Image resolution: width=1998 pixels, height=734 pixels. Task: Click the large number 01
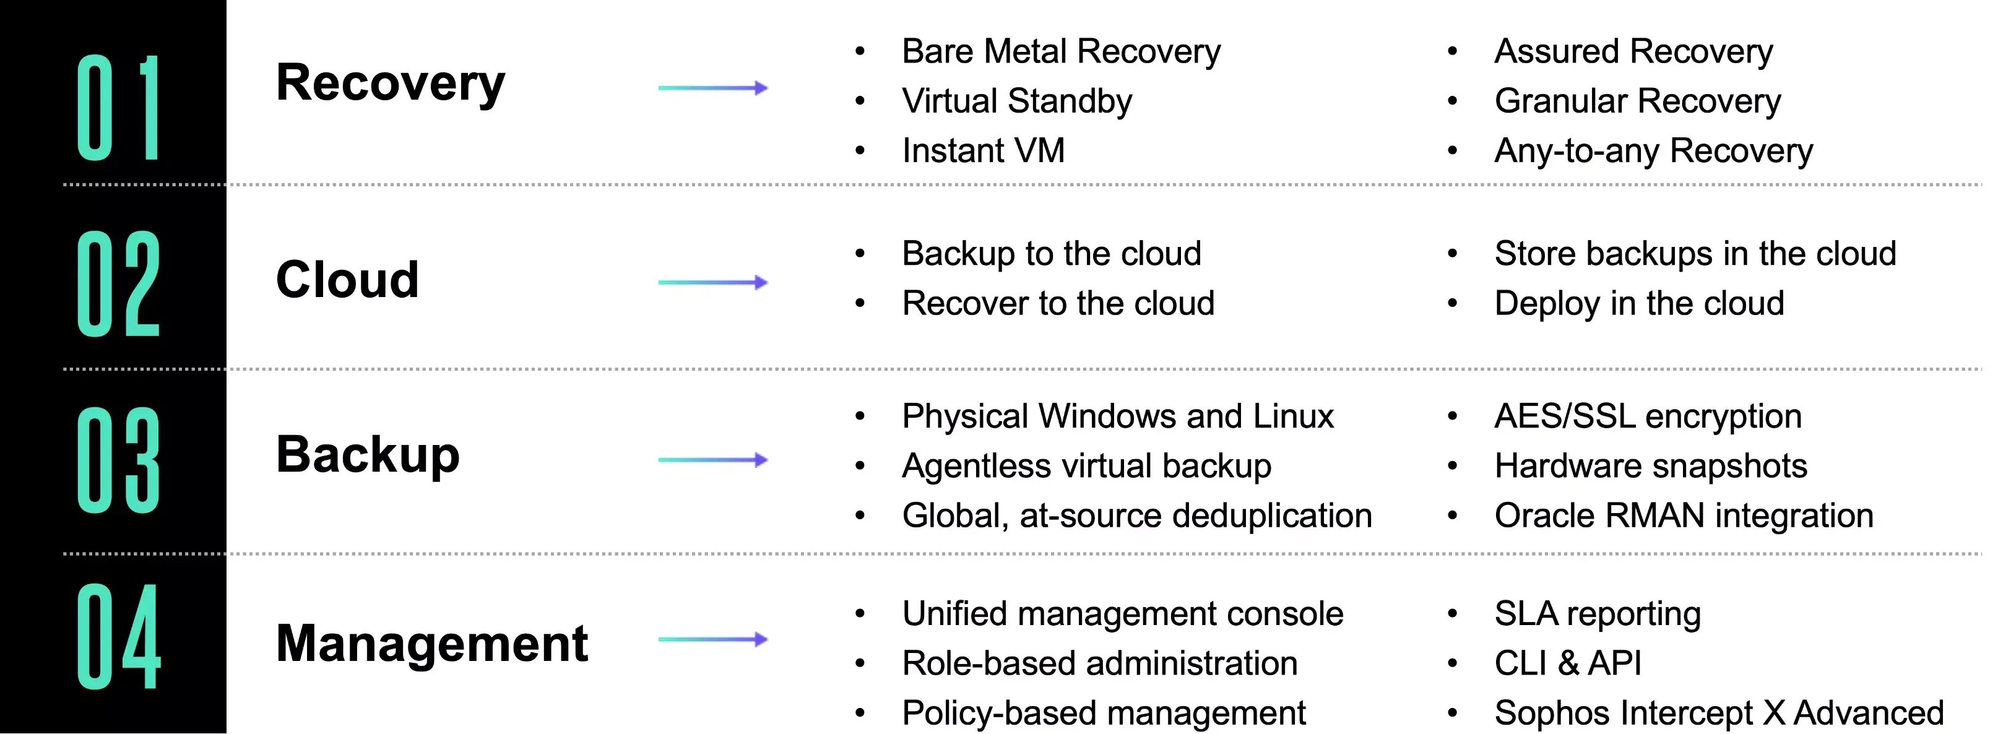click(119, 108)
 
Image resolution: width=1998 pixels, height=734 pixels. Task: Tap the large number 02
click(119, 284)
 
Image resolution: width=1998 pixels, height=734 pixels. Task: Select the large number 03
click(119, 460)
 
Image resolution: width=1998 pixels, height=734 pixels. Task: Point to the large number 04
click(119, 637)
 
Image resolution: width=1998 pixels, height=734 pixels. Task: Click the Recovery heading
click(390, 84)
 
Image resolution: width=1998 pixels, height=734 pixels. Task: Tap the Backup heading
click(368, 456)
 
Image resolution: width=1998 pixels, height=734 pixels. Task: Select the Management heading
click(432, 644)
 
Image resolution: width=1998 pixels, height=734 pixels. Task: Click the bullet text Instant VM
click(984, 150)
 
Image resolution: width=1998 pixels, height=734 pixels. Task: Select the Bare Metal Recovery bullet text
click(1061, 52)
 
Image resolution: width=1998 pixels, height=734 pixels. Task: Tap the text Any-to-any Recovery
click(1654, 151)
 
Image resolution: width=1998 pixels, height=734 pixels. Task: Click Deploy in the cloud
click(1639, 303)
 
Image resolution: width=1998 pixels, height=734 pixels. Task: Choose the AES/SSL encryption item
click(1648, 417)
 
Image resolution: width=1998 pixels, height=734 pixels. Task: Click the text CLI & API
click(1568, 663)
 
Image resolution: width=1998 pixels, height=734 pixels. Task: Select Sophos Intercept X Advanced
click(1719, 713)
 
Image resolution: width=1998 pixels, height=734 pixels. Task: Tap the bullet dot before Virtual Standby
click(859, 101)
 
